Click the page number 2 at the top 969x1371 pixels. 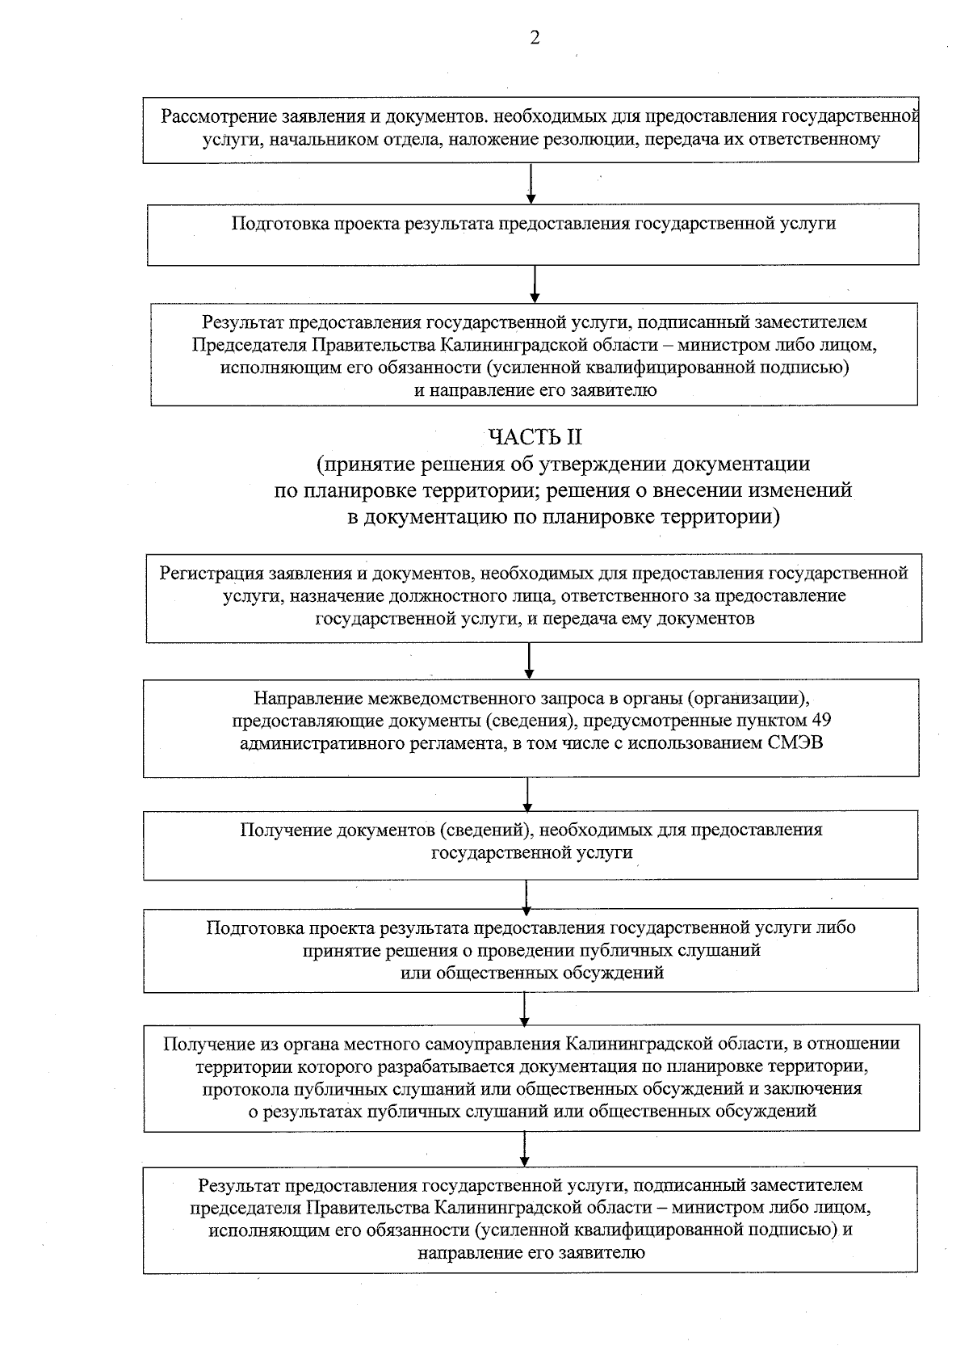pos(535,37)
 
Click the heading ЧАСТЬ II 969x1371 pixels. pos(535,437)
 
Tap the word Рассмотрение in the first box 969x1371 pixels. pos(214,116)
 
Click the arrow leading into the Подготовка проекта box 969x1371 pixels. pos(531,184)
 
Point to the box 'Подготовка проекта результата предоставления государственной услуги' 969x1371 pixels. pos(533,234)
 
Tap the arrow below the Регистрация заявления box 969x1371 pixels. pos(529,660)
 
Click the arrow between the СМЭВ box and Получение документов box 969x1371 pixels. pos(527,794)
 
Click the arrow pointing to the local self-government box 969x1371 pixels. pos(525,1009)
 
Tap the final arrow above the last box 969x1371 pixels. pos(525,1148)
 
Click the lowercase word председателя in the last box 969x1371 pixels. pos(245,1208)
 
